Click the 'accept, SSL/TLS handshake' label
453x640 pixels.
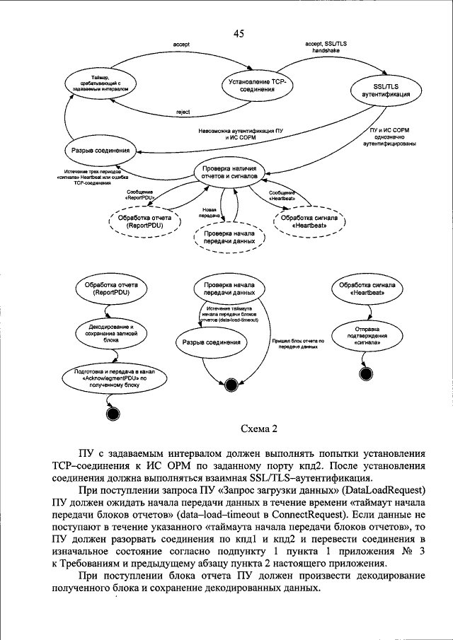pos(327,47)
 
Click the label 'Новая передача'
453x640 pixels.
pos(210,211)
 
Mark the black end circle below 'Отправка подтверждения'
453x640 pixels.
pos(366,374)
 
